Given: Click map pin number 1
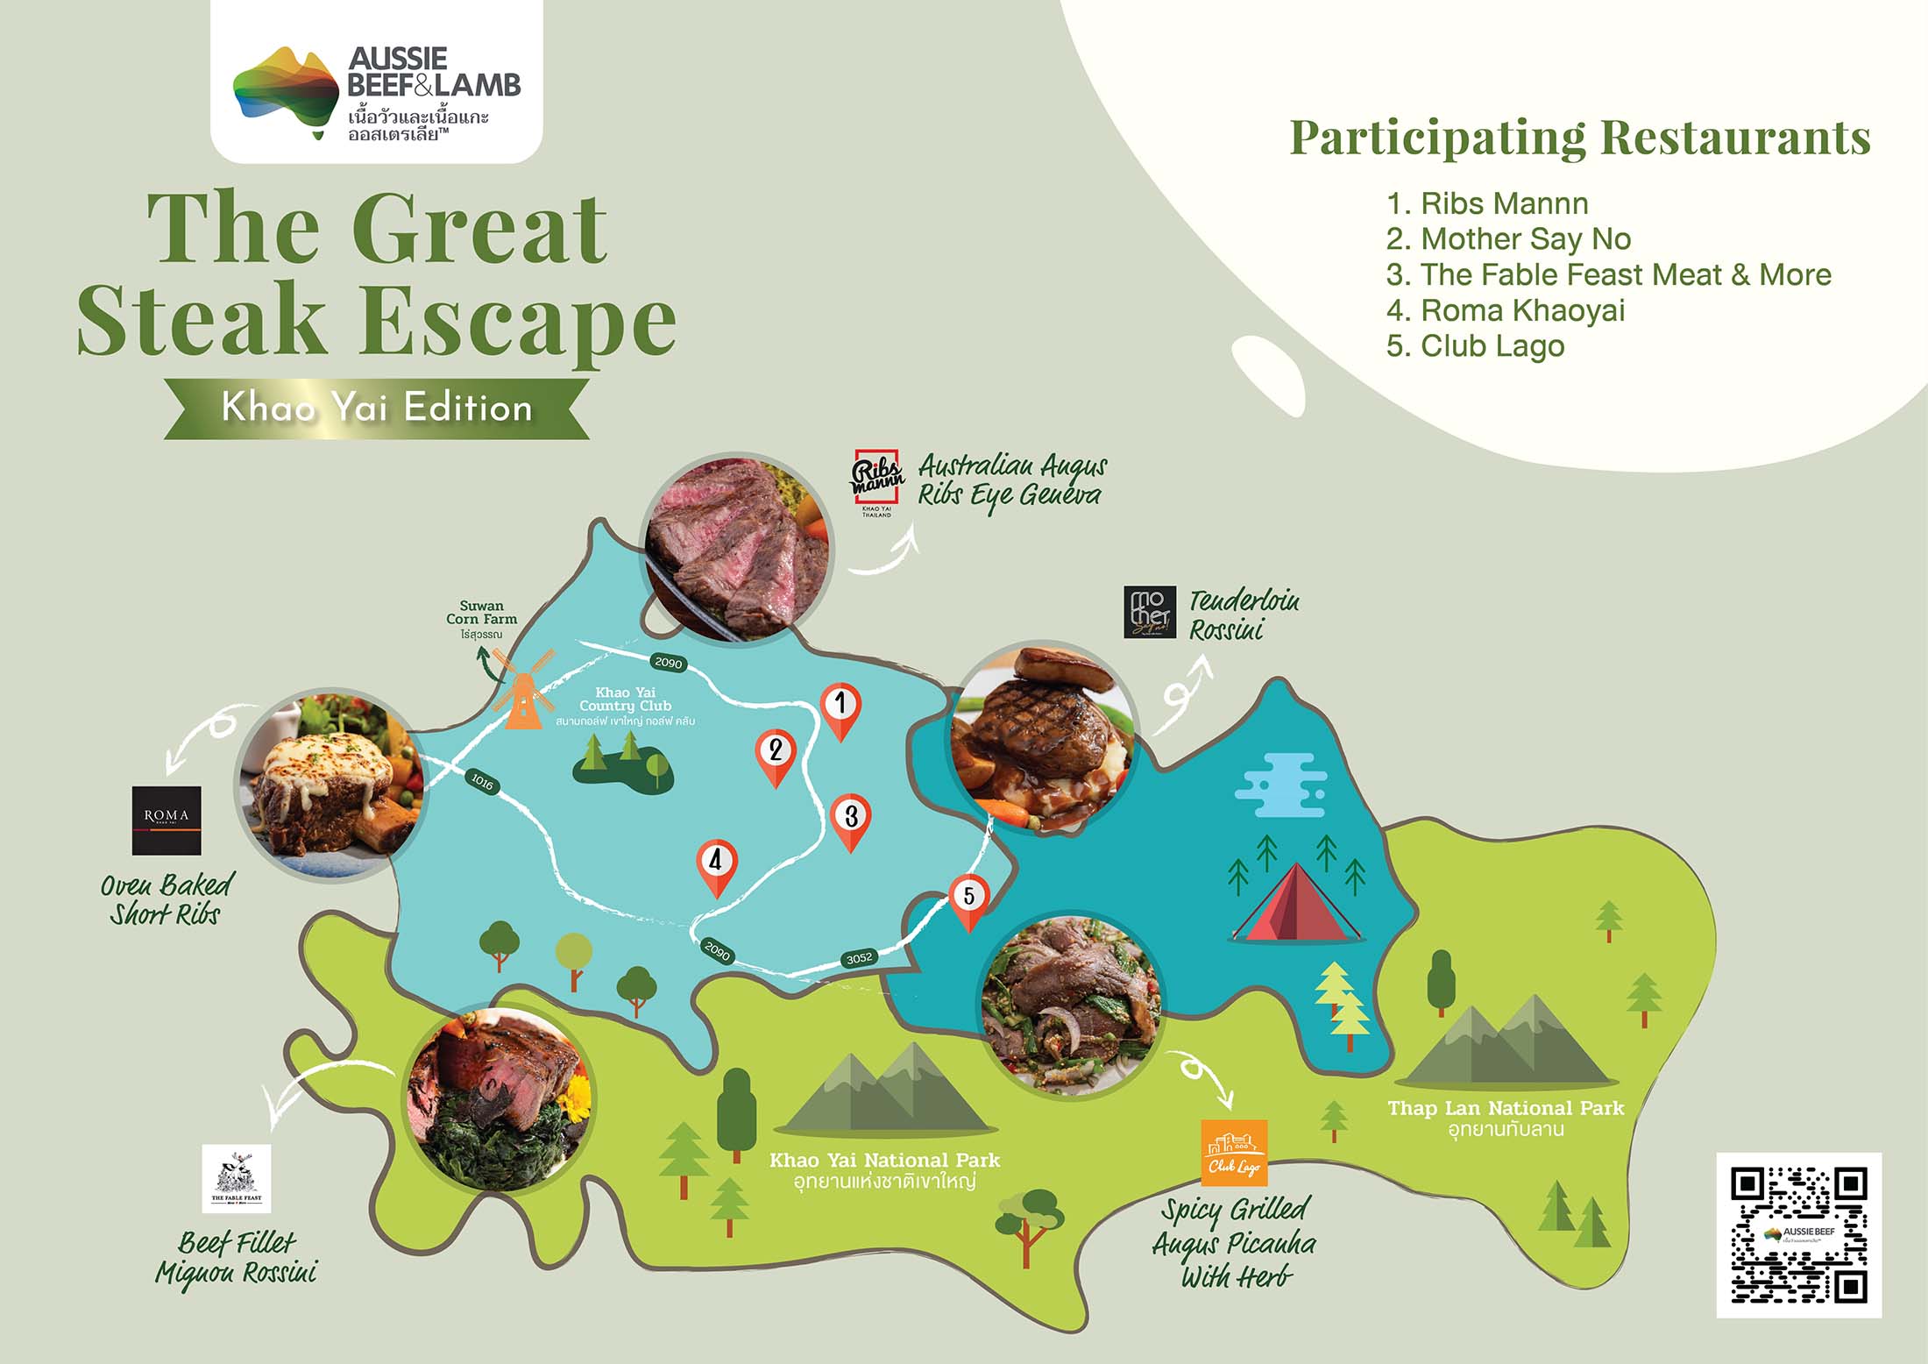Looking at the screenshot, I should point(840,706).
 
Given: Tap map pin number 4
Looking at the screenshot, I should point(716,863).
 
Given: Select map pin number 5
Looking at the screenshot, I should point(968,899).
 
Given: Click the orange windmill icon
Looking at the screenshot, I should point(523,693).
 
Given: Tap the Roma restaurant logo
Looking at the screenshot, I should point(167,821).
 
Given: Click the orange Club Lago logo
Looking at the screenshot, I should point(1234,1152).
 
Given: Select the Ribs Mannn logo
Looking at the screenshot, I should point(877,480).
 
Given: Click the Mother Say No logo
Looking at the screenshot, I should point(1150,612).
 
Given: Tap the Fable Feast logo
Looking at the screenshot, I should point(236,1179).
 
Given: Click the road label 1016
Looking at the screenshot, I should point(481,782).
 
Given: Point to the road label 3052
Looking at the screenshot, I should point(859,958).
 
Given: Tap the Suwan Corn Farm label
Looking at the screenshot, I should point(481,614).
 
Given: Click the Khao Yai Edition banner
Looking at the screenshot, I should point(377,408).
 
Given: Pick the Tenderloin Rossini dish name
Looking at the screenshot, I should point(1244,615).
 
